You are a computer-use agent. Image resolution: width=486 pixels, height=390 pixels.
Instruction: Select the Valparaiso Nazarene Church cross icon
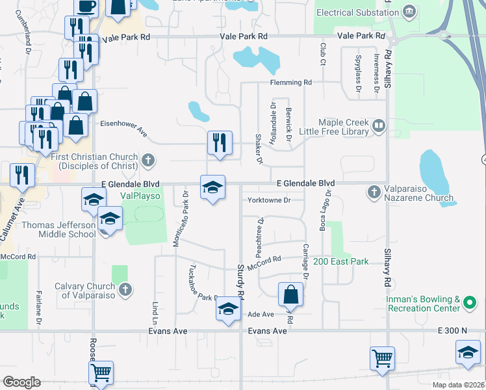pos(374,192)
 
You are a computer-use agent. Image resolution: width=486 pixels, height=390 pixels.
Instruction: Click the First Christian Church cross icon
pos(148,159)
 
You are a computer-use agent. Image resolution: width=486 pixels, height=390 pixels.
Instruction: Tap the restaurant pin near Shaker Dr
pos(219,142)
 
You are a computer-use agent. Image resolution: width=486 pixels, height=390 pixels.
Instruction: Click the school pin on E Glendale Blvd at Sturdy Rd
pos(212,188)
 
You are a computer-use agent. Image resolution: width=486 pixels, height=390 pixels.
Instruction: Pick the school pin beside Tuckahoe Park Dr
pos(227,309)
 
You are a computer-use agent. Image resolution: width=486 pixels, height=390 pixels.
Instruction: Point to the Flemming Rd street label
pos(292,83)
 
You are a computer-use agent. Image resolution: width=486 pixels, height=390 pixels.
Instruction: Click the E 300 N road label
pos(453,331)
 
